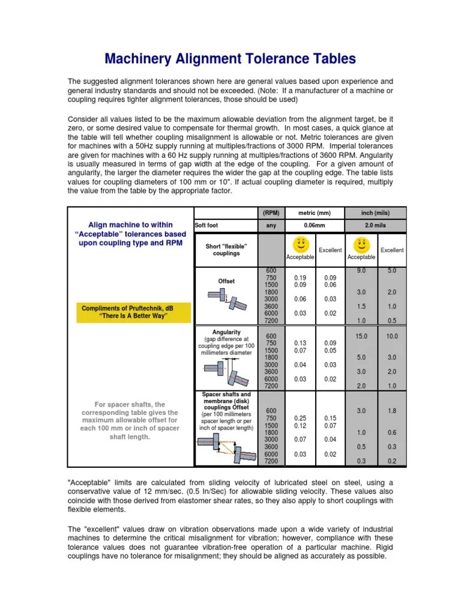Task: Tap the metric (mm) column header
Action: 315,213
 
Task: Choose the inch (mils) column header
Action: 376,213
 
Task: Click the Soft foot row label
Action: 206,226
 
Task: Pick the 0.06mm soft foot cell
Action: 315,226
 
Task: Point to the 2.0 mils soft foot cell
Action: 376,226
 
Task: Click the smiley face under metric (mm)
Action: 300,244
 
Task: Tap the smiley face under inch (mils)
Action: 361,244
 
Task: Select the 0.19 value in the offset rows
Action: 300,277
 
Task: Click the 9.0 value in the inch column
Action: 361,271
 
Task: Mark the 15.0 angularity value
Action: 361,336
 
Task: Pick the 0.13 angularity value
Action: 300,343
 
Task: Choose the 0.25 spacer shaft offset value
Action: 300,417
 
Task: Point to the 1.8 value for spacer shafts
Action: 392,411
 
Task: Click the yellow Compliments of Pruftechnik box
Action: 133,312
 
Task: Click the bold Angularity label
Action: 226,332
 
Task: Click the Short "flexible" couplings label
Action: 226,250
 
